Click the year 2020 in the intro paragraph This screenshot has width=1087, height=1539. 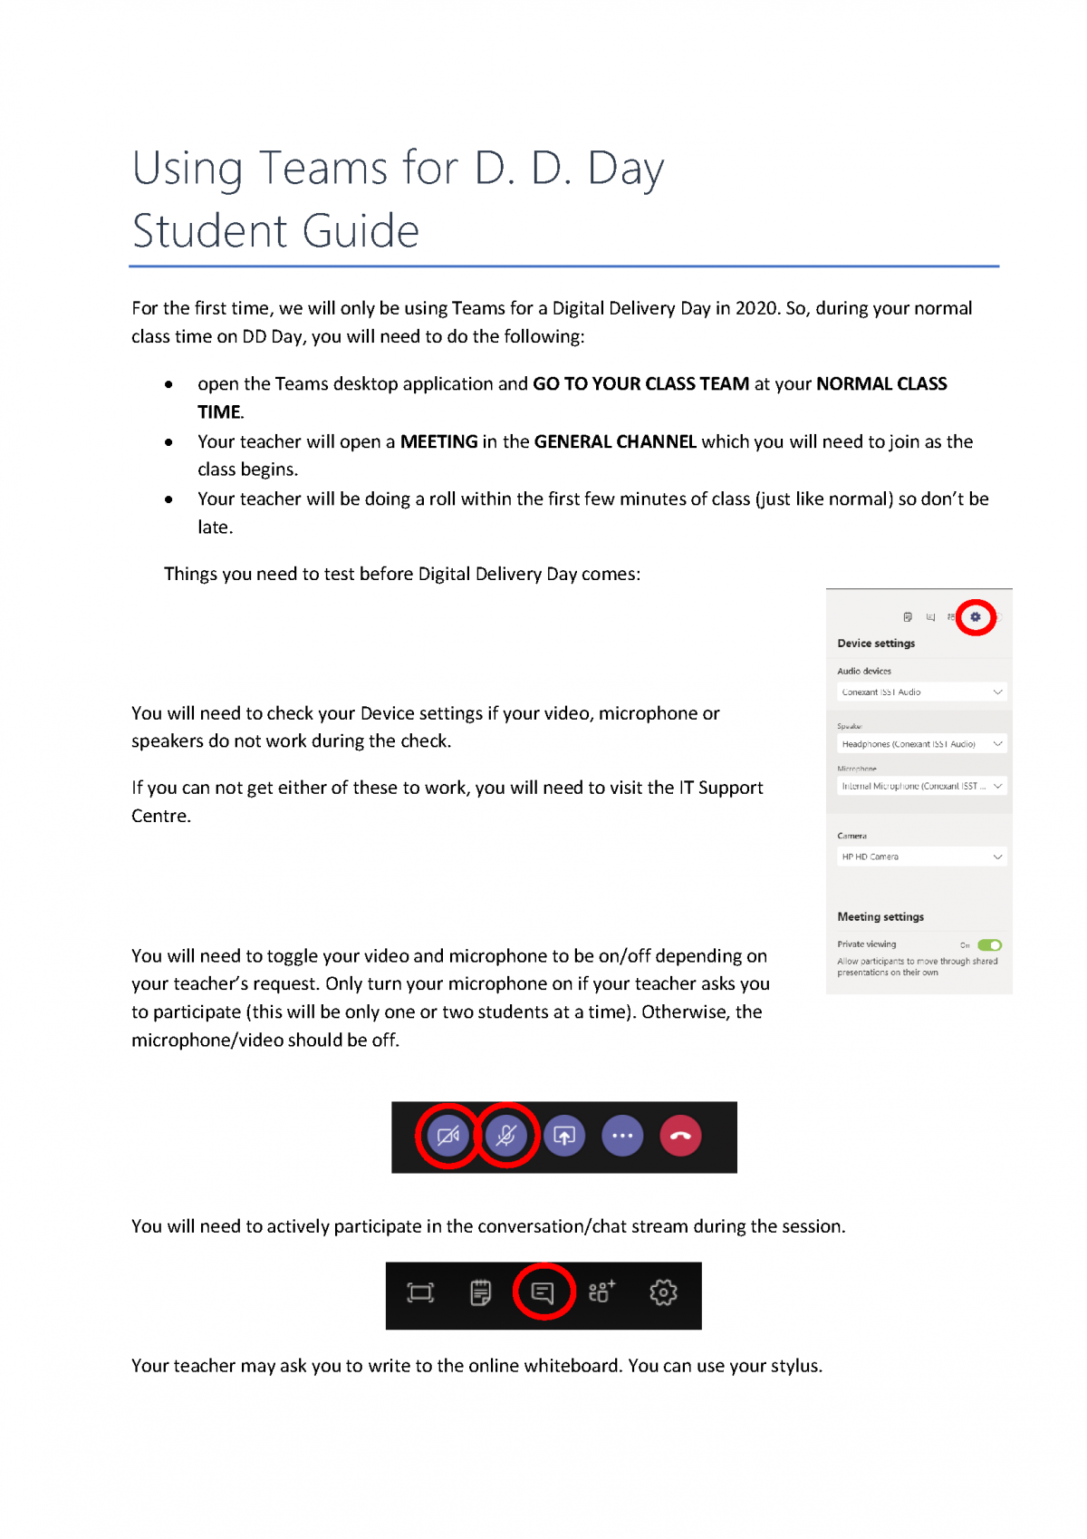pos(756,308)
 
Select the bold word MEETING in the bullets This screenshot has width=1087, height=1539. pos(438,441)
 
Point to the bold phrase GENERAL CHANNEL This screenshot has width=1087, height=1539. pos(615,441)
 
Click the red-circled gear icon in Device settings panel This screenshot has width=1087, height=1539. pos(976,617)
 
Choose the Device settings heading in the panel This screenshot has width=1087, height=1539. pos(876,644)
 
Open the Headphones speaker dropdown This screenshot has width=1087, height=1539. pos(920,744)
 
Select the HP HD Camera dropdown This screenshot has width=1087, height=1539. pos(920,857)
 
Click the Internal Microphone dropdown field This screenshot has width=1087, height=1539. pos(920,786)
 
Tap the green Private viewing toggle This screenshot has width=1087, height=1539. pos(989,944)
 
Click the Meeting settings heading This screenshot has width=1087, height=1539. pos(880,917)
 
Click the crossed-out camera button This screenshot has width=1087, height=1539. pos(448,1136)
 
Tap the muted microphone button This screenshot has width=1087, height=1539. pos(506,1136)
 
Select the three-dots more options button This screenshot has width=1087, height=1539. pos(622,1136)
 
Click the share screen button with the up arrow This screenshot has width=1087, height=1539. pos(564,1136)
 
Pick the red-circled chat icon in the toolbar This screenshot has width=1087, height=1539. pos(543,1292)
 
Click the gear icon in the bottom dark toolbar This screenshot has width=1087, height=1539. pos(663,1292)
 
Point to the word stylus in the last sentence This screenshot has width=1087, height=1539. pos(793,1366)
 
